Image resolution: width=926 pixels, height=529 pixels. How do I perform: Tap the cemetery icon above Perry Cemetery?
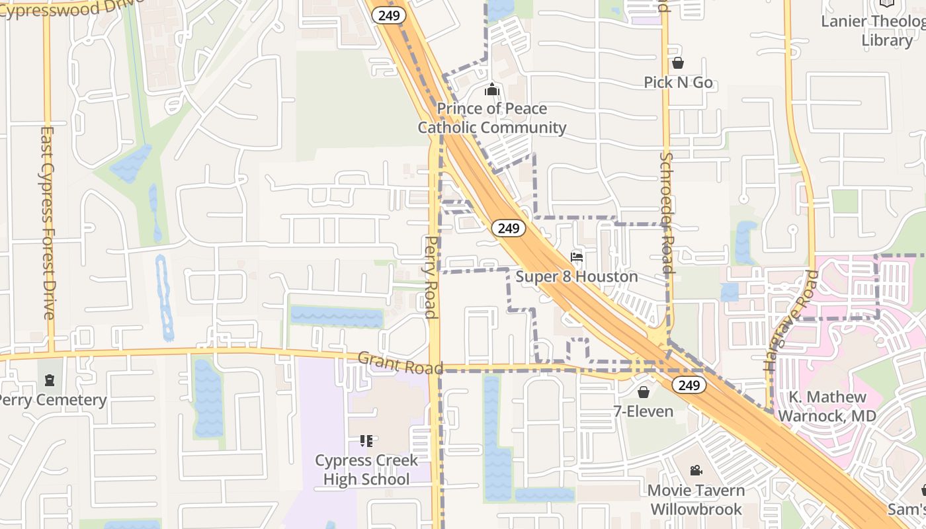50,380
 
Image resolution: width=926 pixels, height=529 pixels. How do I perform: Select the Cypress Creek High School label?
366,469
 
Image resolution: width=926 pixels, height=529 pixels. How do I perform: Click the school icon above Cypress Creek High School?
366,440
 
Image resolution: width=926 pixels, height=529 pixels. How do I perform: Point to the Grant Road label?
400,362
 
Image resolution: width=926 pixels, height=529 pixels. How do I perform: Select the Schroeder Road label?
666,212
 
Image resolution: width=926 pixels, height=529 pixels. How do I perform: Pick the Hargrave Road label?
790,319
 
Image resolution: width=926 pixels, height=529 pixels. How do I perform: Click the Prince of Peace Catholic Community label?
492,118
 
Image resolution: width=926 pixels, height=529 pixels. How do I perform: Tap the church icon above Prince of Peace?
492,89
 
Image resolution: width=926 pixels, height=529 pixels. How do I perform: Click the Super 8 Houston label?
577,276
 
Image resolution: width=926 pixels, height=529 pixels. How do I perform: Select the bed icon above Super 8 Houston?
577,257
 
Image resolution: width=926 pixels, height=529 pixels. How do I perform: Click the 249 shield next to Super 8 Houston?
508,228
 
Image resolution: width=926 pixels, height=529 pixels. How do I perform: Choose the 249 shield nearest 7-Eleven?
689,386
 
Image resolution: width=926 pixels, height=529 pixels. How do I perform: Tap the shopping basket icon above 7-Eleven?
643,392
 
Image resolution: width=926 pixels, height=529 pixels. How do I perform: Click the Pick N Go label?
678,83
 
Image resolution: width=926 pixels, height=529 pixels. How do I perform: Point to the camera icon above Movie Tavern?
696,470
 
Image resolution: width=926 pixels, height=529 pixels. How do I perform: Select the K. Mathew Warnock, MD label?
827,407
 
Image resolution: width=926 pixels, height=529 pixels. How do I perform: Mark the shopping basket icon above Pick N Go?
678,63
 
